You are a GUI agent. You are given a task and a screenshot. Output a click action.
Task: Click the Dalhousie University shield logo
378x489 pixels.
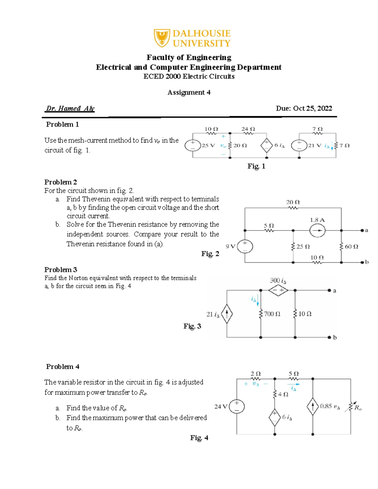(x=162, y=38)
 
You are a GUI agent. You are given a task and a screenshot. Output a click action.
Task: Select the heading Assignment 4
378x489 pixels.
(x=189, y=92)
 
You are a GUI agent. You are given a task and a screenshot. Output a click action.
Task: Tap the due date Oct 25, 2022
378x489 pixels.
(x=304, y=108)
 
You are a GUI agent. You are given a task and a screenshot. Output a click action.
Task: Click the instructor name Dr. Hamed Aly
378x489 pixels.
(x=70, y=108)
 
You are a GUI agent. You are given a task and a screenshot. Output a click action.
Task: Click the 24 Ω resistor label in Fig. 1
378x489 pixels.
(x=248, y=129)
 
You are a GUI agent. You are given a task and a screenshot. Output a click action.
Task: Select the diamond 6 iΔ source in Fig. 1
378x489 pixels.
(x=266, y=145)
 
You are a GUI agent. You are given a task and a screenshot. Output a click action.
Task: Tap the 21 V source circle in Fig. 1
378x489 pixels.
(x=299, y=145)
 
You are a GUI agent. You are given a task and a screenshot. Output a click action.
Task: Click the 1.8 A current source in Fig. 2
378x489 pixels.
(x=317, y=230)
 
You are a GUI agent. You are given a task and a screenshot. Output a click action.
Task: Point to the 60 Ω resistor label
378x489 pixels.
(x=351, y=247)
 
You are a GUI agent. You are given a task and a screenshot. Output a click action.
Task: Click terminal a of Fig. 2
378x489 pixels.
(x=362, y=230)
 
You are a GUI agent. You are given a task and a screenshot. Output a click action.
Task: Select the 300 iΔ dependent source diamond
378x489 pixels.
(x=278, y=290)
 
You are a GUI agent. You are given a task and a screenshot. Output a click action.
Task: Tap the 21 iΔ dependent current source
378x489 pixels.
(x=227, y=314)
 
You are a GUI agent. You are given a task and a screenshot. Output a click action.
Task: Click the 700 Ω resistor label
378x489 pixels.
(x=272, y=314)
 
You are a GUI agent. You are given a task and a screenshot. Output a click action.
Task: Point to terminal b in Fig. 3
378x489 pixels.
(x=329, y=337)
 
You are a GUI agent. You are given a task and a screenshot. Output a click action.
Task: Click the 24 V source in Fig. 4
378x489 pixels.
(x=237, y=406)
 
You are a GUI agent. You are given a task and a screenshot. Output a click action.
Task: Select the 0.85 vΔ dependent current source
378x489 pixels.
(x=312, y=407)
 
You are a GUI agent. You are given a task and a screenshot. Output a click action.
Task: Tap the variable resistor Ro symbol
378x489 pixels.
(x=350, y=407)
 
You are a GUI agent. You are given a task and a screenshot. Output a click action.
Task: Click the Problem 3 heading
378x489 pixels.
(x=60, y=270)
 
